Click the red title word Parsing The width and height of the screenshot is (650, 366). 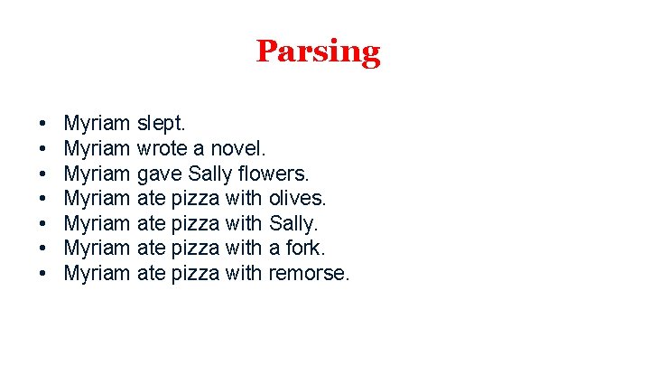point(318,52)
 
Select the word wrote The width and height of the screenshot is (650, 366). point(162,146)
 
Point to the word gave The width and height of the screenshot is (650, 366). point(160,172)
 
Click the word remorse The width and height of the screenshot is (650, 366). point(309,273)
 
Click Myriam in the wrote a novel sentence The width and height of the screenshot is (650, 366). point(97,146)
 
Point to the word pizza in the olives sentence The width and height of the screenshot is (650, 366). point(196,197)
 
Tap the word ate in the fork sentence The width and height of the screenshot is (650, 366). point(152,248)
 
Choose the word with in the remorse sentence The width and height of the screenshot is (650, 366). point(244,273)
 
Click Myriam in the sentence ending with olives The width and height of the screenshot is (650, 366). point(97,197)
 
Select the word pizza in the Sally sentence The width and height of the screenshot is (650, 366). point(196,222)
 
